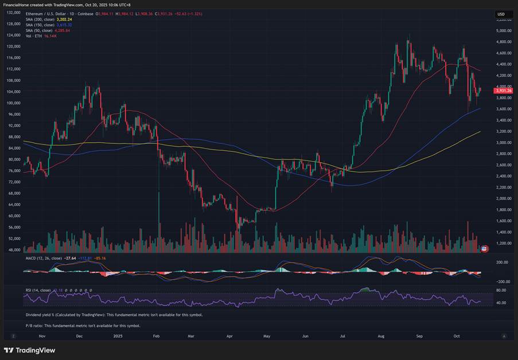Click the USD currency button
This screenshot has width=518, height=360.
click(501, 14)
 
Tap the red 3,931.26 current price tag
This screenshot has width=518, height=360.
click(503, 91)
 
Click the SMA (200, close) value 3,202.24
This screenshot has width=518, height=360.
click(67, 19)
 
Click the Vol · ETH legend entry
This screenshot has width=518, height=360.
click(33, 36)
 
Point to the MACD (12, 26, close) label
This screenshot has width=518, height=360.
click(44, 259)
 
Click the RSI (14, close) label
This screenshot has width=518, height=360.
click(38, 291)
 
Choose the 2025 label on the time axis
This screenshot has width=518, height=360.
click(118, 336)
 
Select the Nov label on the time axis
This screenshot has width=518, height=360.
click(41, 336)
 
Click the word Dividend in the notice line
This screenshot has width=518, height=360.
click(36, 315)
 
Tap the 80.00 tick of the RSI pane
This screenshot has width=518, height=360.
click(501, 291)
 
